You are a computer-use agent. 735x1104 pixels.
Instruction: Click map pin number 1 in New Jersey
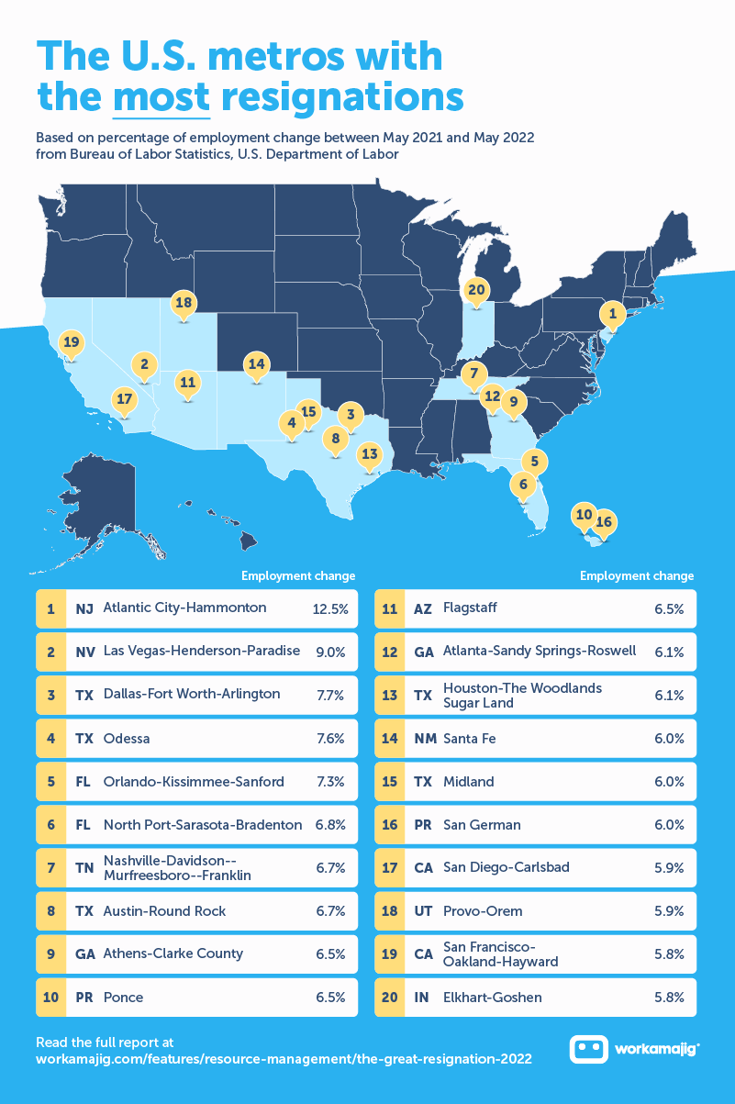[612, 315]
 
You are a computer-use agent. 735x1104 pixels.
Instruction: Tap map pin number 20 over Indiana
[475, 290]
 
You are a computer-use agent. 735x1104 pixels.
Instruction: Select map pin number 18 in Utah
[184, 303]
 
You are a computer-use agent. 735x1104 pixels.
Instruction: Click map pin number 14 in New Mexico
[256, 363]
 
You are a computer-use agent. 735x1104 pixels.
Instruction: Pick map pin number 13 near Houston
[369, 453]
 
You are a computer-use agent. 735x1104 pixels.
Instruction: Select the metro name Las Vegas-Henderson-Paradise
[202, 651]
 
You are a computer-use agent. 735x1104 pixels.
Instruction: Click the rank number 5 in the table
[51, 782]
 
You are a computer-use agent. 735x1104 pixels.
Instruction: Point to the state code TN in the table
[84, 869]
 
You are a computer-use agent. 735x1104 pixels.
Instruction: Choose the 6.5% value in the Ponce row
[329, 998]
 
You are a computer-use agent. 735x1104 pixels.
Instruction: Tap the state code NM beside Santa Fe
[424, 739]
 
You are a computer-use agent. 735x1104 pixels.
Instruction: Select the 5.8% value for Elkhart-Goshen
[669, 998]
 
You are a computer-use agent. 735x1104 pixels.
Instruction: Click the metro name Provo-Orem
[483, 911]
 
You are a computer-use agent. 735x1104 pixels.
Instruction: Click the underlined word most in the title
[161, 95]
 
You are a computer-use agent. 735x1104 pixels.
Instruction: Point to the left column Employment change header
[298, 576]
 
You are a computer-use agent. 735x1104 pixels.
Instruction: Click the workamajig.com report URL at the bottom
[284, 1059]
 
